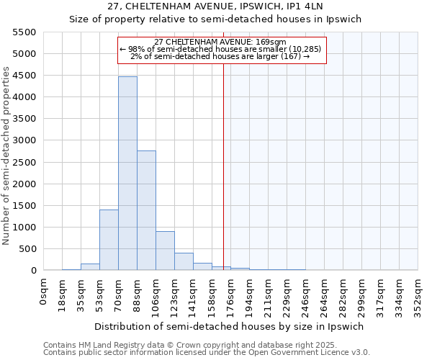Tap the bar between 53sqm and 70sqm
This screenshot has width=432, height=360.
109,240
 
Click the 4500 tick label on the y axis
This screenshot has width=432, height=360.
25,96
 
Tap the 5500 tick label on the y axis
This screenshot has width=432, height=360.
25,32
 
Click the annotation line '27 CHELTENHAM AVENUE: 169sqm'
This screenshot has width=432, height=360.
220,42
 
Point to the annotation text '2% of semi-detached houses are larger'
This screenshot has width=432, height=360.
220,57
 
